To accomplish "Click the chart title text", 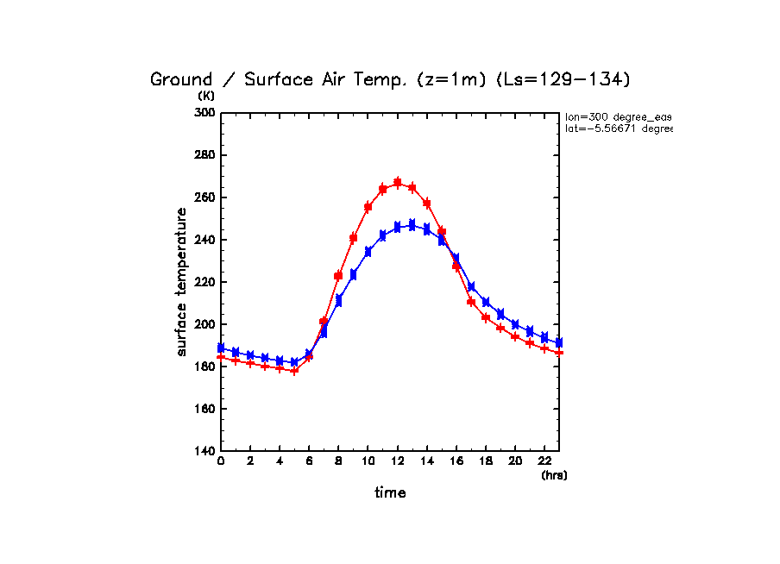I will click(391, 79).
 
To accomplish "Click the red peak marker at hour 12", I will click(398, 182).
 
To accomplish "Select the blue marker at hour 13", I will click(412, 225).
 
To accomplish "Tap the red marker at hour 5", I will click(294, 370).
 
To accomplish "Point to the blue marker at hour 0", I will click(221, 348).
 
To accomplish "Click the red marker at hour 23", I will click(559, 352).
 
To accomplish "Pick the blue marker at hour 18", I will click(486, 302).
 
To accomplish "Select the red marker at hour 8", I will click(339, 276).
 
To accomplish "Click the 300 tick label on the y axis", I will click(204, 113).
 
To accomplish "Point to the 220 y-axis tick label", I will click(204, 282).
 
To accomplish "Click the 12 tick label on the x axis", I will click(398, 462).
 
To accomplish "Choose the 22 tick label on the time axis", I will click(544, 462).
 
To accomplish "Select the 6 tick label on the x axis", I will click(310, 462).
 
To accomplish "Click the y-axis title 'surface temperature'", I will click(182, 282).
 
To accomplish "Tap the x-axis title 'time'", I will click(390, 492).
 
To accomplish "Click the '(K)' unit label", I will click(206, 96).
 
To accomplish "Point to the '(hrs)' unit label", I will click(554, 475).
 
